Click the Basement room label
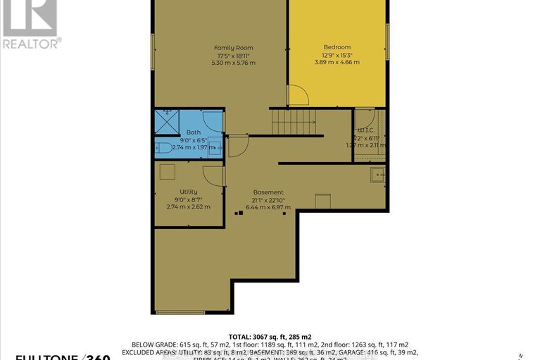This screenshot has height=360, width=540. coord(268,192)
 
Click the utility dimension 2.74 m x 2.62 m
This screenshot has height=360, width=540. coord(188,206)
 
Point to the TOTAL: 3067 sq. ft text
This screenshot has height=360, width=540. coord(270,336)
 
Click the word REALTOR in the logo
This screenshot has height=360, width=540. coord(31,42)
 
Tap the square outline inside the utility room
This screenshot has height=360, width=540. coord(168,172)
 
